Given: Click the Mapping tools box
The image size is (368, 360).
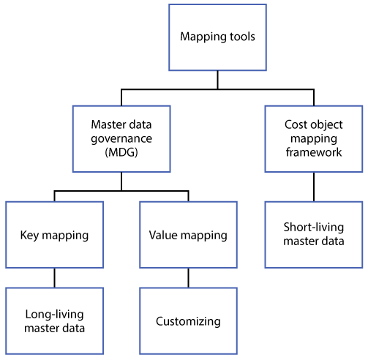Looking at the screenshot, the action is click(x=217, y=37).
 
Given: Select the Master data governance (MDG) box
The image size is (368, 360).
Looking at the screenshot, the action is click(x=121, y=139).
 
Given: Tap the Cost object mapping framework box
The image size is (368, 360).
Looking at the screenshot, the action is click(x=314, y=139).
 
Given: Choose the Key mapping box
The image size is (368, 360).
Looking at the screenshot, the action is click(x=54, y=235).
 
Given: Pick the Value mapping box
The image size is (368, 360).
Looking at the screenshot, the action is click(x=188, y=235).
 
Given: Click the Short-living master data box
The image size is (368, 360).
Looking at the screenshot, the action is click(x=314, y=235).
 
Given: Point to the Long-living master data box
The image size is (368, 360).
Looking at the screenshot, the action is click(x=54, y=321).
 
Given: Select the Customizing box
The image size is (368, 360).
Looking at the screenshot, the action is click(x=188, y=321).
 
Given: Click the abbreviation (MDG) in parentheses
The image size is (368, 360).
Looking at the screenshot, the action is click(x=121, y=153).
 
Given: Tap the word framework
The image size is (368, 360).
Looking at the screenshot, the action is click(x=314, y=152).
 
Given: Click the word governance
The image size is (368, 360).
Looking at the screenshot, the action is click(x=121, y=139).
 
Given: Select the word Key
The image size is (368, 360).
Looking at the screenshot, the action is click(x=29, y=236).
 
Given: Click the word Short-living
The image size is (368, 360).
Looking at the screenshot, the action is click(x=314, y=228).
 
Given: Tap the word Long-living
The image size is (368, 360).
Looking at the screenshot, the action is click(x=54, y=315).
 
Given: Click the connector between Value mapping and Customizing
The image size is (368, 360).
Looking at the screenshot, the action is click(x=188, y=278).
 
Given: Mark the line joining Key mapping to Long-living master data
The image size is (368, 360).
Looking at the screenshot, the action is click(x=54, y=278).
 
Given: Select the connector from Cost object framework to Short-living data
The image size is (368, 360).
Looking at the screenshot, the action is click(x=314, y=187).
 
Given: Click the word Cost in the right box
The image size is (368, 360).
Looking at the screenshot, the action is click(x=295, y=124).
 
